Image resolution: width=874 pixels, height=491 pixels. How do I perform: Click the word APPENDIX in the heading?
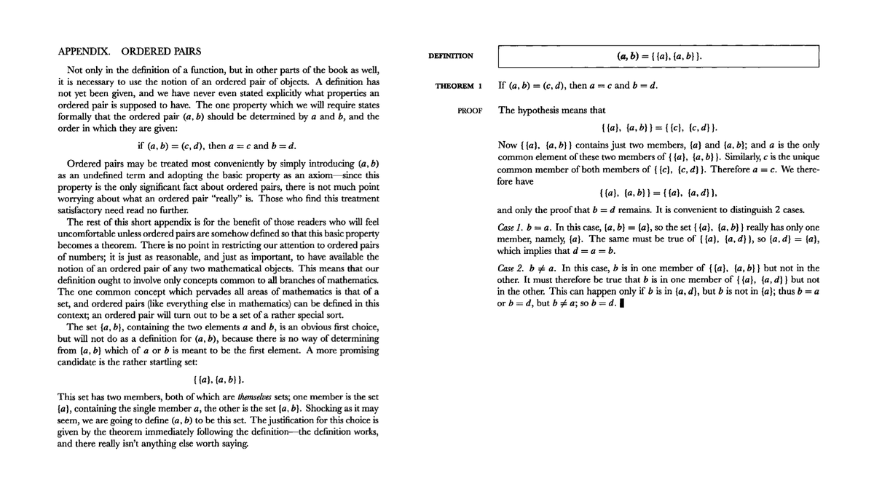pyautogui.click(x=84, y=52)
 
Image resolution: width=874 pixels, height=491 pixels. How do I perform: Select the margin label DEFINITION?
pyautogui.click(x=450, y=56)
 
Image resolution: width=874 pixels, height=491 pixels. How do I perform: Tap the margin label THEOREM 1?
pyautogui.click(x=459, y=86)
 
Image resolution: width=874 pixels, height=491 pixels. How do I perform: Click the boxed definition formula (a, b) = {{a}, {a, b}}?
pyautogui.click(x=658, y=56)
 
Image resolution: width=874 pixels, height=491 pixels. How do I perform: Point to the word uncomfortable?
pyautogui.click(x=91, y=232)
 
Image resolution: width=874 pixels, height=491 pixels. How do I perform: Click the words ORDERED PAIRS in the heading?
pyautogui.click(x=161, y=52)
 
